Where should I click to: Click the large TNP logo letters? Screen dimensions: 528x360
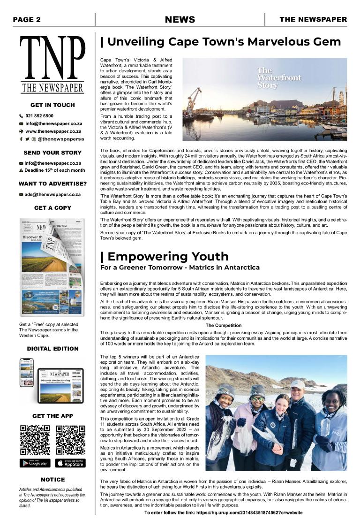(x=52, y=58)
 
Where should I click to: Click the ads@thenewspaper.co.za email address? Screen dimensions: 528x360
(x=52, y=194)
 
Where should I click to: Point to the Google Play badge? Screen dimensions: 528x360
(x=35, y=463)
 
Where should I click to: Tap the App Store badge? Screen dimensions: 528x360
(x=70, y=463)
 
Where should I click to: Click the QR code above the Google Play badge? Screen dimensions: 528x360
(x=35, y=440)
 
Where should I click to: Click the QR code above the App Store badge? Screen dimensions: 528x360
(x=70, y=440)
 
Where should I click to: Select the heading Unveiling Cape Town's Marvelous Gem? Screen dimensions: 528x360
(x=221, y=42)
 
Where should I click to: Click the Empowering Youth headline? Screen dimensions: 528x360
(x=165, y=256)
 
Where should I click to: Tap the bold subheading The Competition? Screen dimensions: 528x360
(x=224, y=325)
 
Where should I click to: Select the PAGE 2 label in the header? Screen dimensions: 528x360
(x=27, y=19)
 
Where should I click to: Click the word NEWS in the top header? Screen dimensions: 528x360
(x=180, y=19)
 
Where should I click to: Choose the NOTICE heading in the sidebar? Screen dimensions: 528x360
(x=52, y=480)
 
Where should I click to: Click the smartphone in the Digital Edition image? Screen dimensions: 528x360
(x=27, y=373)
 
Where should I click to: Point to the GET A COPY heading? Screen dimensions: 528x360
(x=52, y=207)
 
